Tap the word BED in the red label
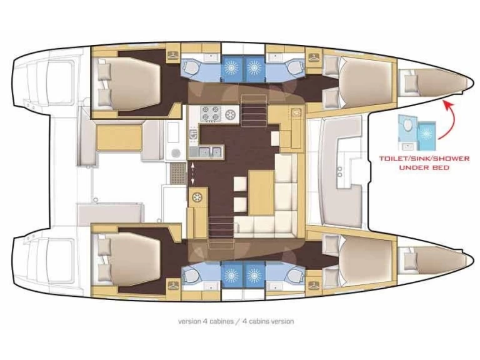(440, 167)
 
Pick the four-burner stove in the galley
(208, 114)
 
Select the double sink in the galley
(209, 151)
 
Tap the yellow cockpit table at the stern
(119, 137)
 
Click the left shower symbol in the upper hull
(232, 67)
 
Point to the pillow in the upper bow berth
(410, 81)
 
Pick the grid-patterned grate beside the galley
(177, 171)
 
